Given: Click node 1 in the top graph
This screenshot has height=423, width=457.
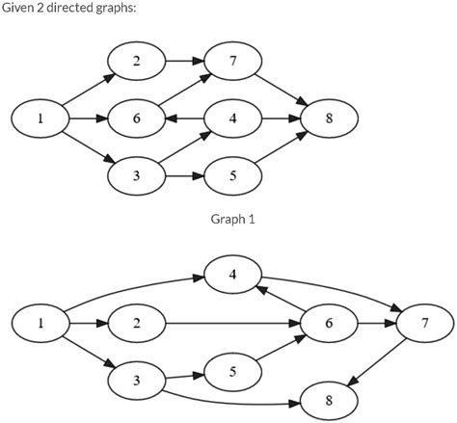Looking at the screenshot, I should (40, 119).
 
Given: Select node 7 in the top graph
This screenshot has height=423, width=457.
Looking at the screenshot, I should (232, 62).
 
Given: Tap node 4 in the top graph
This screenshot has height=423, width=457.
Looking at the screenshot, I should (232, 119).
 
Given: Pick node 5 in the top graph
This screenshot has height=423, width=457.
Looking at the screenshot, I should (232, 177).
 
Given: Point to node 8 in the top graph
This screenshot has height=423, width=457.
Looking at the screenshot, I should (329, 119).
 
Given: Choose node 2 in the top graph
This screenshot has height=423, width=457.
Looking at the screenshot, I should (136, 62).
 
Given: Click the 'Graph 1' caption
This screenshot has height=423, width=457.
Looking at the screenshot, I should (232, 220).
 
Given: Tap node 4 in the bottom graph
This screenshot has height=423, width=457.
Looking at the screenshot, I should (232, 275).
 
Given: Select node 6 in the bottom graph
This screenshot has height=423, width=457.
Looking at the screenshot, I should (329, 324).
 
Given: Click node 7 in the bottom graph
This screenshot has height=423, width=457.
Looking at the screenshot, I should (424, 324).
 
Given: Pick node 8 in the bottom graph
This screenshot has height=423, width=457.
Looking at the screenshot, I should (329, 397).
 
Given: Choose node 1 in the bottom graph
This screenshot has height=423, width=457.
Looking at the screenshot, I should (40, 324).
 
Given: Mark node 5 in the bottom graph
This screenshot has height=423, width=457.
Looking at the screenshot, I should (232, 370).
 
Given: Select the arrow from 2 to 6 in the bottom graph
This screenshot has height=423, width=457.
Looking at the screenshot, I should (231, 324).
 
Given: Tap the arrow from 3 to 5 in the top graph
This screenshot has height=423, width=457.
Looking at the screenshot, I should (184, 177).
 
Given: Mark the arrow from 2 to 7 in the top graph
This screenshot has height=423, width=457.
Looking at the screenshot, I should (184, 62).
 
